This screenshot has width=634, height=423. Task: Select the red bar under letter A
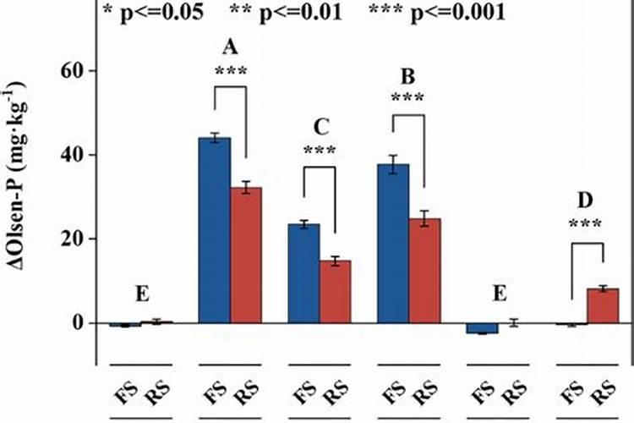247,255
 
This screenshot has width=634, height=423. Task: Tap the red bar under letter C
335,292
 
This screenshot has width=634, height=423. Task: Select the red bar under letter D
604,305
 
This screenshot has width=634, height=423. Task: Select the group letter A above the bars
229,47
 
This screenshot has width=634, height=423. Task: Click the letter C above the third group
320,127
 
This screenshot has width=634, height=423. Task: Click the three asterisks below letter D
587,225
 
